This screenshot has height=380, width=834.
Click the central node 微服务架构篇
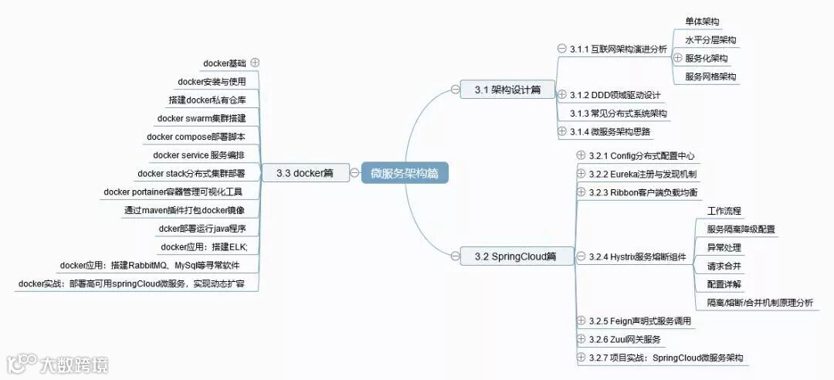(405, 173)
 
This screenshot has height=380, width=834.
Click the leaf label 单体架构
(702, 22)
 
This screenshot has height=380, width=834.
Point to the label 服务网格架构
(710, 76)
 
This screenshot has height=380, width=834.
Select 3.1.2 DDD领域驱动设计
(615, 95)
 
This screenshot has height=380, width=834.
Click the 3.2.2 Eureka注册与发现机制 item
(642, 174)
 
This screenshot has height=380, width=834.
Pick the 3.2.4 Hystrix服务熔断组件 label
(638, 256)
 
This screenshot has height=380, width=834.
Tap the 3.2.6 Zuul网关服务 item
(624, 339)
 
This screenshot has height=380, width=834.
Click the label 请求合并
(724, 266)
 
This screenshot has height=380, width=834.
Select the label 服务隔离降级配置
(741, 229)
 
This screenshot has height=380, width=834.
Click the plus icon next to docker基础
(255, 63)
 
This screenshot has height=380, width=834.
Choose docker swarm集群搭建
(202, 118)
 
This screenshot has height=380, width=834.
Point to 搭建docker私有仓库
(207, 100)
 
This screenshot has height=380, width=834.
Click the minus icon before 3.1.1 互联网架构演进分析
(561, 49)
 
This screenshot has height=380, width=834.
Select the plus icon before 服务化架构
(677, 58)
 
